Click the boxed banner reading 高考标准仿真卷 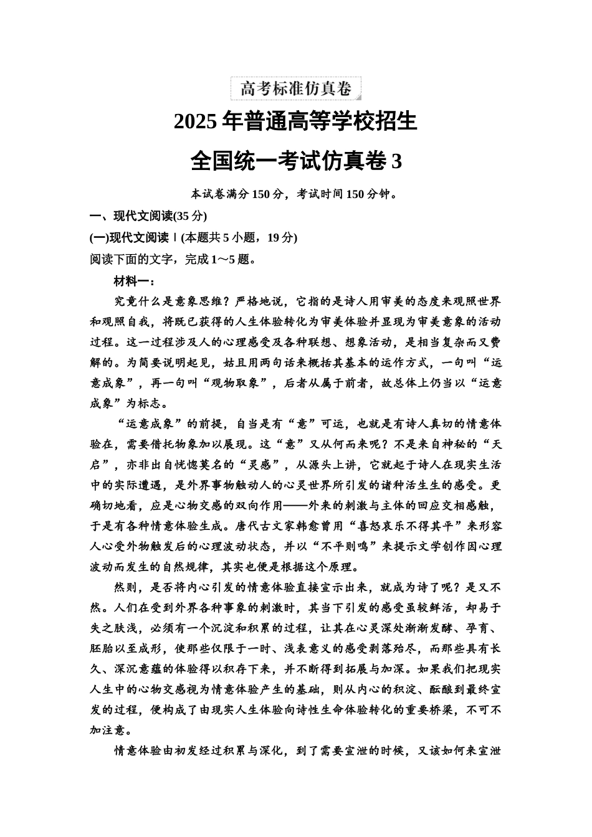coord(296,88)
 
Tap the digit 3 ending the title coord(396,161)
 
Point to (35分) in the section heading coord(189,216)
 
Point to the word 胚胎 coord(102,648)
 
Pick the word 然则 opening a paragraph coord(125,587)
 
